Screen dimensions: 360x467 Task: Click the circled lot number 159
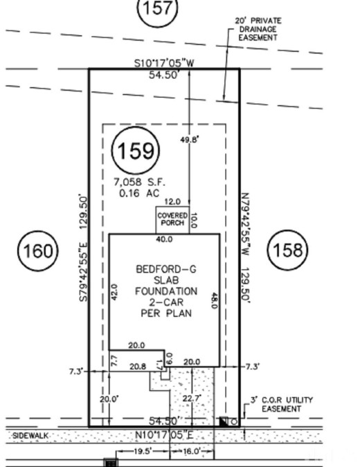(x=136, y=150)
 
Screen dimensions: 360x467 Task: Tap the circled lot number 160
(x=37, y=250)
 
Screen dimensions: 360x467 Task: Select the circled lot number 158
(x=287, y=250)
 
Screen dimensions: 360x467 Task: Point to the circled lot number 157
(x=157, y=8)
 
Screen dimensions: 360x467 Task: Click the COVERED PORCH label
(x=172, y=219)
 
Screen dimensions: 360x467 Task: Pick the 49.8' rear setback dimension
(x=189, y=139)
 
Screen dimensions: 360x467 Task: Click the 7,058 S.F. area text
(x=139, y=182)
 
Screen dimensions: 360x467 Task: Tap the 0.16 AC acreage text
(x=139, y=193)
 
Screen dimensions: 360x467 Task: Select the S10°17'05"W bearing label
(x=164, y=63)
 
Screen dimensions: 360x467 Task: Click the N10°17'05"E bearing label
(x=165, y=435)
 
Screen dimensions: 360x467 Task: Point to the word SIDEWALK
(x=30, y=436)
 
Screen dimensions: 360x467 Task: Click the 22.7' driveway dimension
(x=192, y=399)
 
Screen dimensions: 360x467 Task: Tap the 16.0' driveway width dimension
(x=191, y=451)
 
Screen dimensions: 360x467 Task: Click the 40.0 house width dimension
(x=164, y=239)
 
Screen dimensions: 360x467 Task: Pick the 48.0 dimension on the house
(x=215, y=300)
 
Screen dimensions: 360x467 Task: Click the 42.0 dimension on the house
(x=114, y=292)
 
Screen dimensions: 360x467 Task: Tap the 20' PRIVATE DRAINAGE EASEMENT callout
(x=258, y=29)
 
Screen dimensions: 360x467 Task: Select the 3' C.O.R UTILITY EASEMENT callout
(x=282, y=404)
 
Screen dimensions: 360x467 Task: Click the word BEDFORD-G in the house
(x=166, y=269)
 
